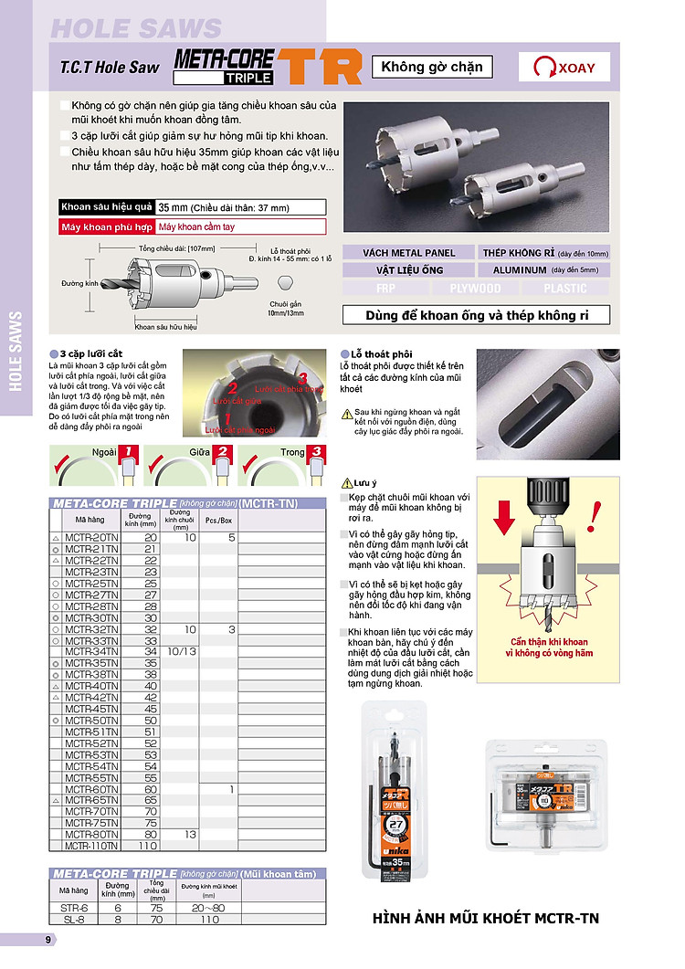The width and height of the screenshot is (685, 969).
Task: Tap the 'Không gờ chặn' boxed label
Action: click(x=432, y=67)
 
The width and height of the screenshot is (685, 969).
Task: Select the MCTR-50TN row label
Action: click(x=91, y=721)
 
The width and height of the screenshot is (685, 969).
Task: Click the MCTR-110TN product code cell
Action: click(x=91, y=847)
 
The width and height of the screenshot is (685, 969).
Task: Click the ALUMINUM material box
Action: click(x=543, y=269)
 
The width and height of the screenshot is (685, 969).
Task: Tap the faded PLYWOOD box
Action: click(x=475, y=288)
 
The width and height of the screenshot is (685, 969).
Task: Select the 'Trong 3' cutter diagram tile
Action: click(x=282, y=466)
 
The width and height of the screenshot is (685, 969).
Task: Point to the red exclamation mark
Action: click(x=595, y=513)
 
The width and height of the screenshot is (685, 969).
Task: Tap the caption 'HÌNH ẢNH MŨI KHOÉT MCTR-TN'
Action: click(x=486, y=918)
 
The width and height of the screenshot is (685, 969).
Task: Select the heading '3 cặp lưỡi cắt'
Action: click(x=90, y=353)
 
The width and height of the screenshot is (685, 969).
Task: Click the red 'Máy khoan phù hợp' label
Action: click(x=105, y=226)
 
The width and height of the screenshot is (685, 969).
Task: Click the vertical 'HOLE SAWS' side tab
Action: click(x=16, y=351)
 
